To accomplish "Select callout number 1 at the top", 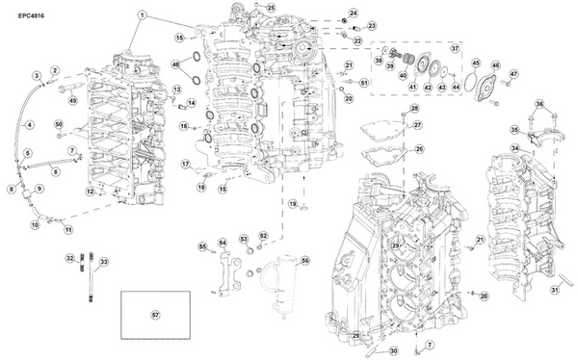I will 142,15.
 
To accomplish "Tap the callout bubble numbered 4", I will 29,123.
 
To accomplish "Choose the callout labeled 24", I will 353,13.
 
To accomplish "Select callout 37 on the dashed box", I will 456,47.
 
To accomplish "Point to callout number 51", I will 363,84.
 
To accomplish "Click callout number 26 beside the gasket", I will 417,148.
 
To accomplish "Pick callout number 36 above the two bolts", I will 539,104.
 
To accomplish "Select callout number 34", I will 515,147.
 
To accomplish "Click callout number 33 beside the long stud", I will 104,262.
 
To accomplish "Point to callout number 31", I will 555,290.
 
